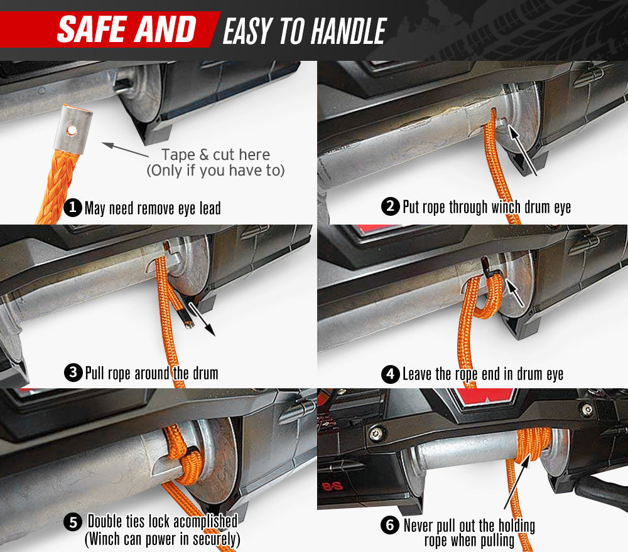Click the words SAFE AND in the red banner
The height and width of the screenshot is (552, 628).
127,29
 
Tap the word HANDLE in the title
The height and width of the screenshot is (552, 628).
349,31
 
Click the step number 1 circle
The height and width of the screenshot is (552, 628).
73,208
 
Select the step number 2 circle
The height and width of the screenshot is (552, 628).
390,206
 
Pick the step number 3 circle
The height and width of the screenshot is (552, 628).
73,373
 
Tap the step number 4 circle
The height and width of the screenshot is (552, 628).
390,374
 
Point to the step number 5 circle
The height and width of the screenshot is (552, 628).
73,523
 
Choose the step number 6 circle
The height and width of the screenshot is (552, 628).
390,525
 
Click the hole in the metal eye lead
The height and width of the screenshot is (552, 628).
72,130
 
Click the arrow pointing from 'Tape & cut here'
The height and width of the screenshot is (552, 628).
125,149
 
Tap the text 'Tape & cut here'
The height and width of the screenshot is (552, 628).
215,154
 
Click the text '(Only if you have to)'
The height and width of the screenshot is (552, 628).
215,171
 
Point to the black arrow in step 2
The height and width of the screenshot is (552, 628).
522,150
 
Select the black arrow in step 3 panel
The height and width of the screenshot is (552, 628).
202,319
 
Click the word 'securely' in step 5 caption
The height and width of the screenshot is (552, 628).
216,539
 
